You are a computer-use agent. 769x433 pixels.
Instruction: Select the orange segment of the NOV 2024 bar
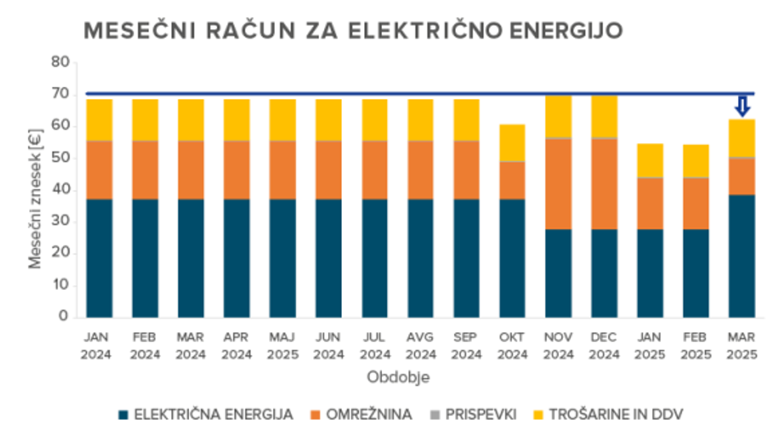click(x=558, y=183)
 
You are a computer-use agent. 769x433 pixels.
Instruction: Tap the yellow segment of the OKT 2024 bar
click(x=512, y=142)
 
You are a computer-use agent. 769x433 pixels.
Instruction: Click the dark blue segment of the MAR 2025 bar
click(x=742, y=255)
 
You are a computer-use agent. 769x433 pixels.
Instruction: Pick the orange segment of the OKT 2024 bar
click(x=512, y=180)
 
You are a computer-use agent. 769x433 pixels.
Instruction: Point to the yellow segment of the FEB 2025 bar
click(x=696, y=160)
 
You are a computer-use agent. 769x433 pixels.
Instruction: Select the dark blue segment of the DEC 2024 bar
click(x=604, y=273)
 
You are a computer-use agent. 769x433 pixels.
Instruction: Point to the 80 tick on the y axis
click(x=60, y=62)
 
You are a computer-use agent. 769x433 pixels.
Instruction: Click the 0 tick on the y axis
click(x=64, y=317)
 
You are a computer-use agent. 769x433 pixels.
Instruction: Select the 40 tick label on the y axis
click(x=60, y=190)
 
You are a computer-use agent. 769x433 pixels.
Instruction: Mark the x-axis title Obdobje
click(x=397, y=377)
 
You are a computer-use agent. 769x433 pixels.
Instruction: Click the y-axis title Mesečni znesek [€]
click(x=35, y=190)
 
